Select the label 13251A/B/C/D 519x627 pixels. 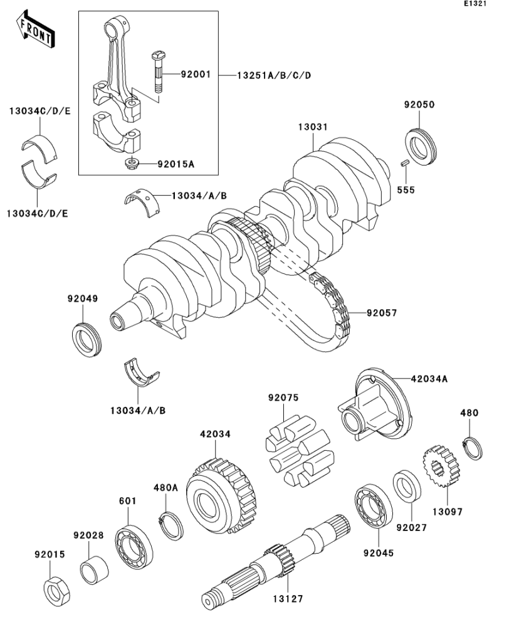pyautogui.click(x=273, y=75)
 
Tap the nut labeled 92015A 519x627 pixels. pyautogui.click(x=130, y=164)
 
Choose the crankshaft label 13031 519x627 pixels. pyautogui.click(x=312, y=127)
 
